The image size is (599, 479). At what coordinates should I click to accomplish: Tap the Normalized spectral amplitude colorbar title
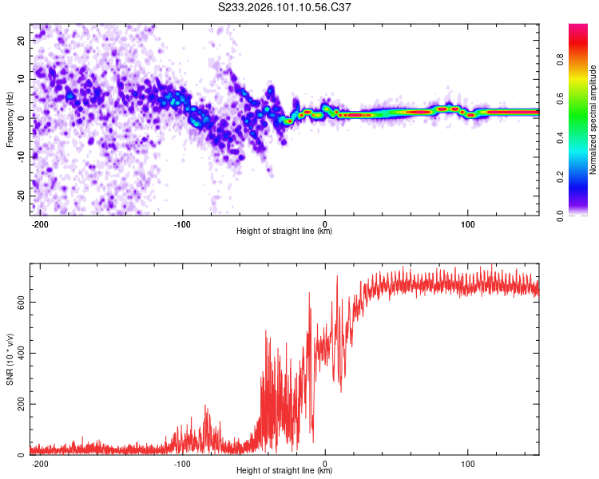pos(593,120)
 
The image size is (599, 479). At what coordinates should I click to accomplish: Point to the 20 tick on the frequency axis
pos(20,40)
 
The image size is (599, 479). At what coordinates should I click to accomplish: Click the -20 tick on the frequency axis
pos(19,196)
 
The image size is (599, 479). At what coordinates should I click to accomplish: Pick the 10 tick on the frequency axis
pos(20,79)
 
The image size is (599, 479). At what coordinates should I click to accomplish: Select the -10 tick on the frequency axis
pos(19,156)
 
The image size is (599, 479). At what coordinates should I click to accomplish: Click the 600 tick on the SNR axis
pos(18,302)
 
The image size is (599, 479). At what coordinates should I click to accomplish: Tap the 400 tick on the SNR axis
pos(18,353)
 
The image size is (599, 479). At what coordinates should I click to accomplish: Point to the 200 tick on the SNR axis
pos(18,404)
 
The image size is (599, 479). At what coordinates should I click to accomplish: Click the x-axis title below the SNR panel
pos(284,471)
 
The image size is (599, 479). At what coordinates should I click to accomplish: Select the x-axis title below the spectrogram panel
pos(284,232)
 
